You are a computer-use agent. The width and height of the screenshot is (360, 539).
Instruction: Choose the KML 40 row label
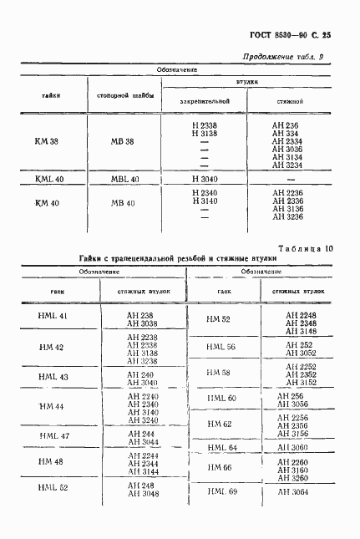point(48,180)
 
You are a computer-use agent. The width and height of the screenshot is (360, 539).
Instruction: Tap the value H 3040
point(205,179)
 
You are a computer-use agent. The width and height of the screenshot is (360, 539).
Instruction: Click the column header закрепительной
point(205,102)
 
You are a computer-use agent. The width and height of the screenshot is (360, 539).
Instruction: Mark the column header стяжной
point(288,102)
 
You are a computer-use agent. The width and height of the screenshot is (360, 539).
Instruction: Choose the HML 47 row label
point(54,436)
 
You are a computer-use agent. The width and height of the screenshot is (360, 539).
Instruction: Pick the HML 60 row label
point(221,399)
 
